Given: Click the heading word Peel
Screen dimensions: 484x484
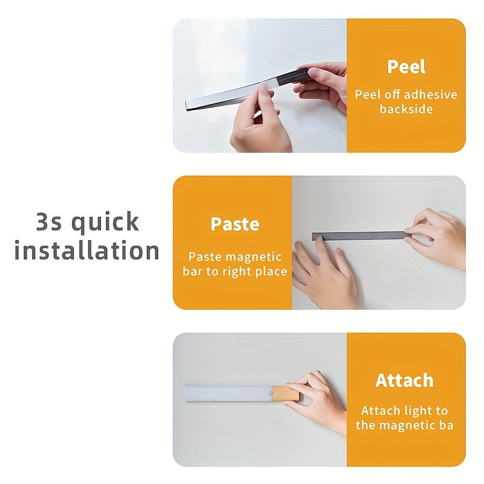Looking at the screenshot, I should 406,67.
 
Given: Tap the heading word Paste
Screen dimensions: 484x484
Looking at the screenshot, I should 235,224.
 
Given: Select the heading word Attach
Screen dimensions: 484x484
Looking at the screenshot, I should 404,381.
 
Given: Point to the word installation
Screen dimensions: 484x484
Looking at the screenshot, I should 87,250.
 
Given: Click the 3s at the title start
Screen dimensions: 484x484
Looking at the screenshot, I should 49,223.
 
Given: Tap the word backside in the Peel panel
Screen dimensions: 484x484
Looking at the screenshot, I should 406,109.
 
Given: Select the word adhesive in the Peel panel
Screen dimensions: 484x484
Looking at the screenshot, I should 430,94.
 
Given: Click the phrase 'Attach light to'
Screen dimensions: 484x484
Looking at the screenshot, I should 404,411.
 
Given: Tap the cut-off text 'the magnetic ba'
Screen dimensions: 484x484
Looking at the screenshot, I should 404,425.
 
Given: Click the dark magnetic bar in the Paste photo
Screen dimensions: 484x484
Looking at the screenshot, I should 357,235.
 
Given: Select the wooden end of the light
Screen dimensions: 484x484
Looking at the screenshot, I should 285,394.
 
